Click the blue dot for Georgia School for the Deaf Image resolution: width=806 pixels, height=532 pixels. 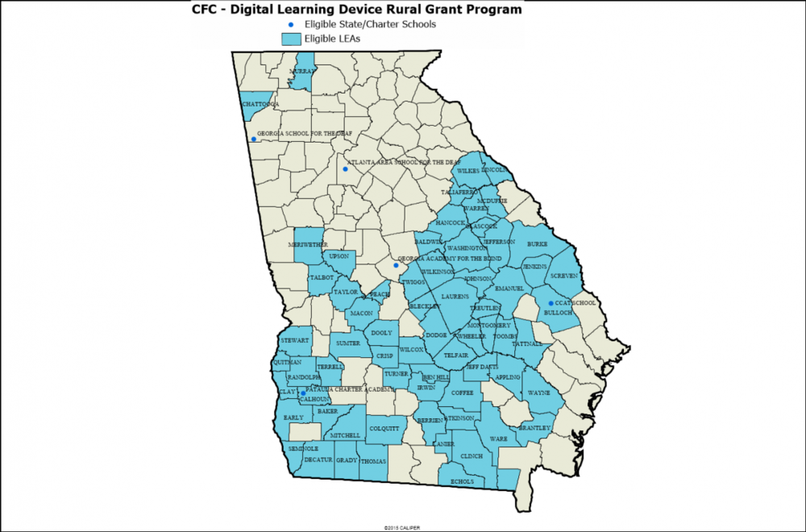point(254,139)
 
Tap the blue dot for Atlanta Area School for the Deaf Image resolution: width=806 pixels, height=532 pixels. point(345,169)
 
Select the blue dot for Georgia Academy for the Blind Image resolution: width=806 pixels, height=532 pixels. point(396,265)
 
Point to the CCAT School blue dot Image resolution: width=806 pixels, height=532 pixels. point(550,303)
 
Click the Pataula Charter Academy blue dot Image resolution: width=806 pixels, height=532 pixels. point(303,393)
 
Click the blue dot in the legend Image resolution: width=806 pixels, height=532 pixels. point(291,24)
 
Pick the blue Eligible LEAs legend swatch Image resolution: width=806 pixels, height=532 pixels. point(291,38)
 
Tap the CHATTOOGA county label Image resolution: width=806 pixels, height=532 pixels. point(260,104)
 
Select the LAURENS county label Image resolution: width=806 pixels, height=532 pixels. point(455,297)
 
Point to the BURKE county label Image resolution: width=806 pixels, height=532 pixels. point(537,243)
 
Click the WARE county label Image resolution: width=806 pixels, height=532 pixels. point(499,438)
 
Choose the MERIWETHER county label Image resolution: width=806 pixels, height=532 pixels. point(308,244)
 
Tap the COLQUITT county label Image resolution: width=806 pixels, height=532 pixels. point(384,428)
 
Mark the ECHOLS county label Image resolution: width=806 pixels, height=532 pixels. point(463,481)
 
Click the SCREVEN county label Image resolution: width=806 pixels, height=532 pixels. point(563,276)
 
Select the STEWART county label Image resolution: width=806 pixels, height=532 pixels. point(294,341)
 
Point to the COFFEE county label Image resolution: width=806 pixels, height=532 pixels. point(462,393)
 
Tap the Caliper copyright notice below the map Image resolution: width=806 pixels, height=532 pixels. point(402,527)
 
